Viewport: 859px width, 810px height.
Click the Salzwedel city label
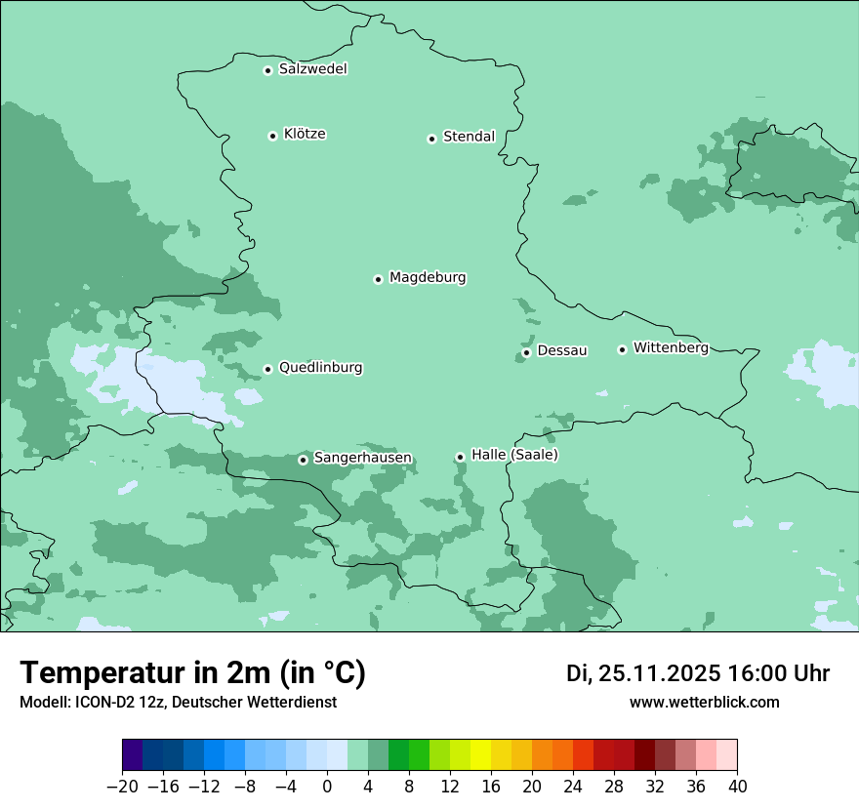pyautogui.click(x=312, y=69)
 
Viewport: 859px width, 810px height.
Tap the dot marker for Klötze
pyautogui.click(x=272, y=136)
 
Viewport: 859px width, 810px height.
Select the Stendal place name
pyautogui.click(x=469, y=137)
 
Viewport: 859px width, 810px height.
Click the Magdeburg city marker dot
pyautogui.click(x=378, y=279)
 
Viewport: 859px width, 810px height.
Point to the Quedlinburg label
pyautogui.click(x=320, y=368)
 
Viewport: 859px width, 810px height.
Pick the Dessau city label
pyautogui.click(x=562, y=350)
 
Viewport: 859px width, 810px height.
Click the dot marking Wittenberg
pyautogui.click(x=622, y=349)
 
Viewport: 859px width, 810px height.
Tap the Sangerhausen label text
pyautogui.click(x=362, y=458)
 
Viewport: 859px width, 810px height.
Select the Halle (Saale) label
pyautogui.click(x=514, y=455)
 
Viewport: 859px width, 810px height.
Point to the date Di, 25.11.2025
pyautogui.click(x=643, y=673)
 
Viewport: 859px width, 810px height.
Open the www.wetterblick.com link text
pyautogui.click(x=704, y=702)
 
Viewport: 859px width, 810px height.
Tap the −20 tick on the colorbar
pyautogui.click(x=122, y=787)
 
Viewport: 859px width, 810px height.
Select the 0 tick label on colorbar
pyautogui.click(x=327, y=787)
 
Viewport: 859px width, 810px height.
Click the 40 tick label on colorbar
pyautogui.click(x=737, y=787)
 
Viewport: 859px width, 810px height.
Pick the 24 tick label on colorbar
pyautogui.click(x=573, y=787)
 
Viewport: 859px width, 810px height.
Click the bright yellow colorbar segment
pyautogui.click(x=480, y=755)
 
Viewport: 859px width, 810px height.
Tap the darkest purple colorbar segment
pyautogui.click(x=133, y=755)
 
